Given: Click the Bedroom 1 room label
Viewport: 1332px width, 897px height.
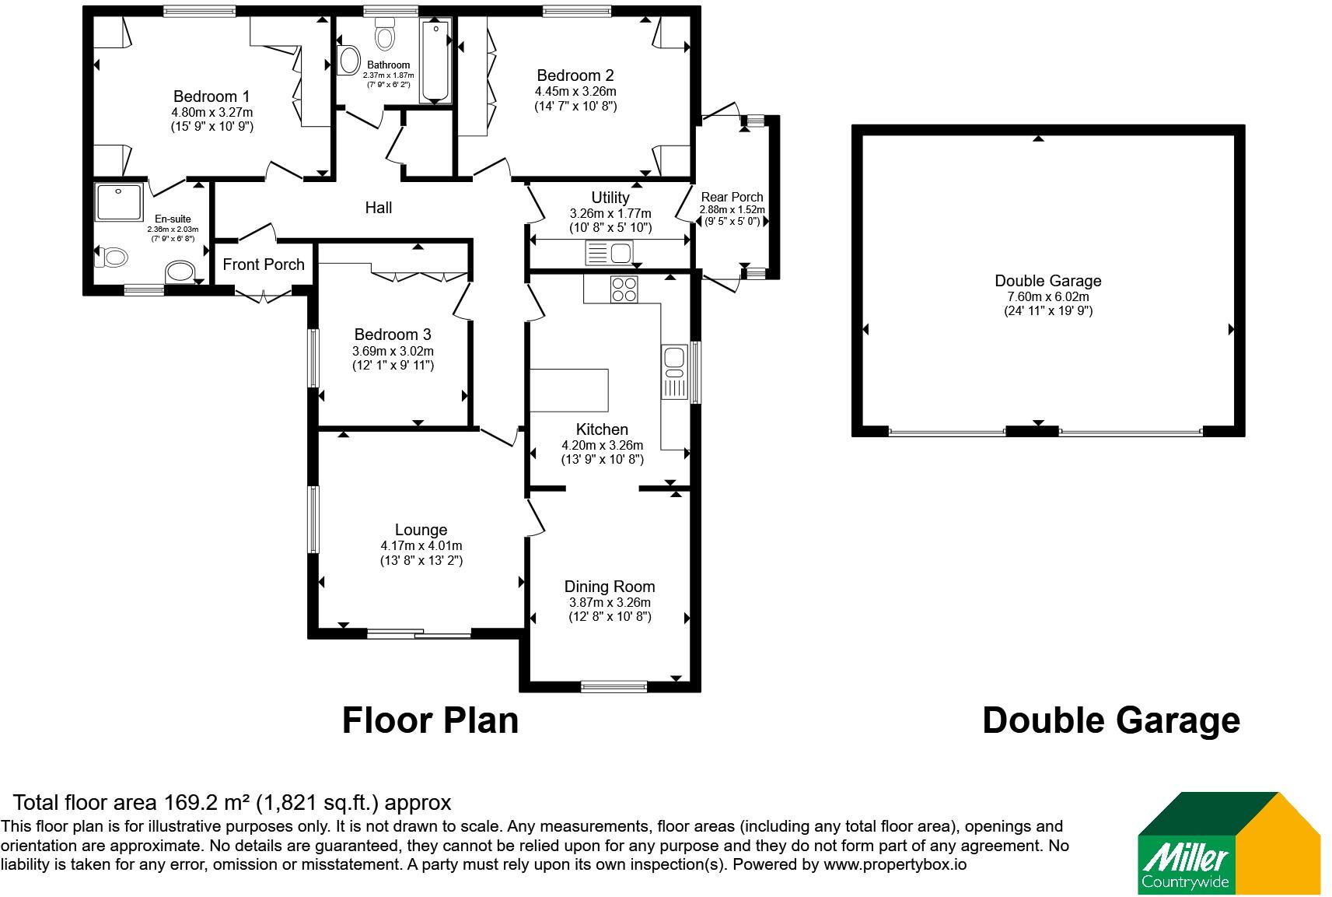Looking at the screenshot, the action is pos(212,96).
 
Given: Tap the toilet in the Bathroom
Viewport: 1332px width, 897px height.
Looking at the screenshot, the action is pos(386,33).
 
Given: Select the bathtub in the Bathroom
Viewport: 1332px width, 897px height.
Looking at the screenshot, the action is pos(435,61).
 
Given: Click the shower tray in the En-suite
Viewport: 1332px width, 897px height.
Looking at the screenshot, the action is pos(119,202).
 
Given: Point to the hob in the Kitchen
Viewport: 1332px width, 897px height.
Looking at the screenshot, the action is pos(624,289).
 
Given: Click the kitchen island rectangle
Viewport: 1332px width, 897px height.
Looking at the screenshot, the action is pos(569,391).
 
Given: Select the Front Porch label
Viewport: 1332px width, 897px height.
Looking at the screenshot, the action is pos(264,265).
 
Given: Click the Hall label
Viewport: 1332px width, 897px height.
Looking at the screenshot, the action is pos(378,208).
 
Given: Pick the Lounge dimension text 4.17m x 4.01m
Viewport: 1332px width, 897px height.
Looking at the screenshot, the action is pos(421,546).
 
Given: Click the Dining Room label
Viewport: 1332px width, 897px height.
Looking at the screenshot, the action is pos(610,587).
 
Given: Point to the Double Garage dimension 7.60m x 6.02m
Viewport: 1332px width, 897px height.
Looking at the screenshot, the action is pos(1047,297).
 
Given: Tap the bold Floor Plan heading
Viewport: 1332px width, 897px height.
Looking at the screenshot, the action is pos(430,720).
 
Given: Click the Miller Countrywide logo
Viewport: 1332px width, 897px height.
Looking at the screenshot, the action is pos(1229,843).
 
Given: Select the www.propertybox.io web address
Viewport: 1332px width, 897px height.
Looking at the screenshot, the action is pos(895,865).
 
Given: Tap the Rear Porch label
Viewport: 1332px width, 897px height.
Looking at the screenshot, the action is pos(732,197).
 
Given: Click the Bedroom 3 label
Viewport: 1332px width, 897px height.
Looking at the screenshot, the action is pos(393,335).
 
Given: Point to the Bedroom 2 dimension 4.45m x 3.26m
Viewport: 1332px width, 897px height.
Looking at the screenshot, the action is pos(575,92).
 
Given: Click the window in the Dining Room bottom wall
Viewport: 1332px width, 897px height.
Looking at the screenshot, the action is pos(614,687).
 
